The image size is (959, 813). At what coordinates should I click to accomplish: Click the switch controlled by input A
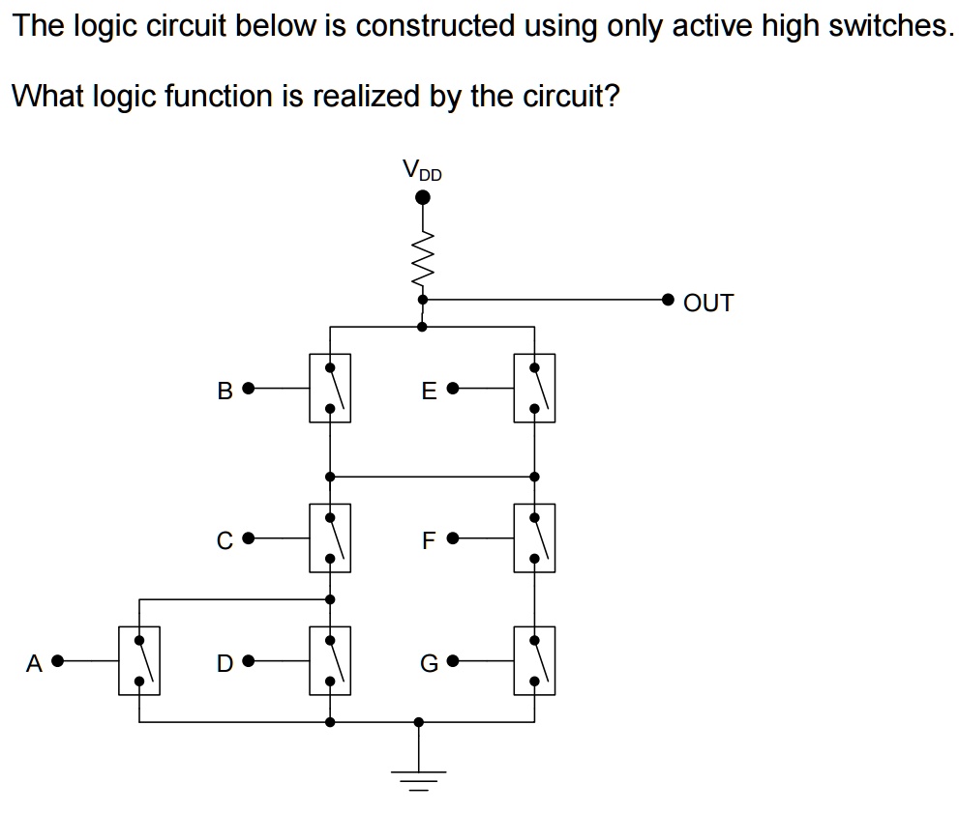(139, 661)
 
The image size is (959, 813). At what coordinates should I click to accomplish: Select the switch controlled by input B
(330, 389)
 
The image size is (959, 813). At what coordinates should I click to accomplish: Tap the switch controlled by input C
(330, 538)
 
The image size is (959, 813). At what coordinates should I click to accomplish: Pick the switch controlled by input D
(330, 661)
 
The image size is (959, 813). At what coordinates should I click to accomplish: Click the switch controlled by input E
(534, 389)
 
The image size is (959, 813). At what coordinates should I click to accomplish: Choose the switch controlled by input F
(534, 538)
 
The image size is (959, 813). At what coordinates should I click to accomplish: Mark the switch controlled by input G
(534, 661)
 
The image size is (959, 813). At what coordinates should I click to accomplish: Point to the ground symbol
(418, 776)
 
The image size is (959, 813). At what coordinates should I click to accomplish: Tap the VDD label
(422, 171)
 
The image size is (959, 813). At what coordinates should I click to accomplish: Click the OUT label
(708, 304)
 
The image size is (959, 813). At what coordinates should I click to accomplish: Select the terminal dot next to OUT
(668, 300)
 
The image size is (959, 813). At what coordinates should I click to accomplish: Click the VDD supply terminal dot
(422, 198)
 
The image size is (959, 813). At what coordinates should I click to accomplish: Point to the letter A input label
(35, 663)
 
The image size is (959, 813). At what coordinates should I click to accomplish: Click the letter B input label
(225, 391)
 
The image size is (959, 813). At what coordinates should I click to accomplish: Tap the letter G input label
(429, 664)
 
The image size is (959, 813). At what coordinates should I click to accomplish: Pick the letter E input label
(430, 391)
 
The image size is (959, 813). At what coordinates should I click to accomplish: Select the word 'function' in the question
(216, 96)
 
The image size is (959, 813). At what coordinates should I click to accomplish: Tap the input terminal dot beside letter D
(248, 662)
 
